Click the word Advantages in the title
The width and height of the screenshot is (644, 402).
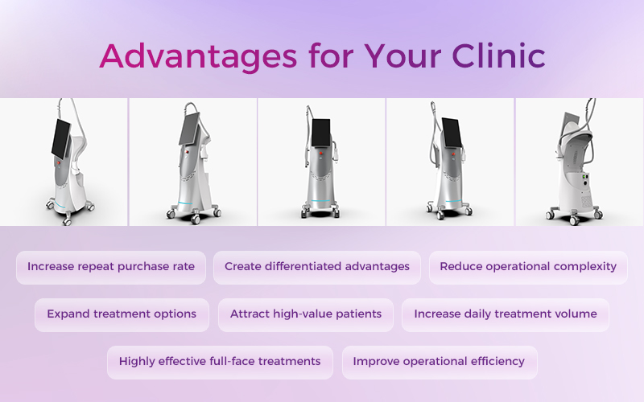click(198, 56)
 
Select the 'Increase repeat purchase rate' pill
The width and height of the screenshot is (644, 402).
click(111, 268)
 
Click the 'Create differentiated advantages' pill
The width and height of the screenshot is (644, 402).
click(317, 268)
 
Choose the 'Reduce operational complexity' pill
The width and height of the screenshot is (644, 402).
click(528, 268)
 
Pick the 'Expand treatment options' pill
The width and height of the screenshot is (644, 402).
click(122, 315)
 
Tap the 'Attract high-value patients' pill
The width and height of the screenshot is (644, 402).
click(306, 315)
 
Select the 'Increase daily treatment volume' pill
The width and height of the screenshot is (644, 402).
click(506, 315)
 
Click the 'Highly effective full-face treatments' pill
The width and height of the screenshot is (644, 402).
click(220, 363)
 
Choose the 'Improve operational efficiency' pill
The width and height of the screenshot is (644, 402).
click(440, 363)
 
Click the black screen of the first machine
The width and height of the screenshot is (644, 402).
click(61, 138)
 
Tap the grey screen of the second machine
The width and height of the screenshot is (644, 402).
click(189, 129)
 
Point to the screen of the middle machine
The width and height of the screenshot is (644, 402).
click(320, 133)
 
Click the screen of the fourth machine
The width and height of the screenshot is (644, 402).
click(452, 132)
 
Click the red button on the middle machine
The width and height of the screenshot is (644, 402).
click(320, 154)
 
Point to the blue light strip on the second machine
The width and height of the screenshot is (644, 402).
click(185, 203)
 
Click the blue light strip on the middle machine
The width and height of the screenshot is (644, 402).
click(320, 200)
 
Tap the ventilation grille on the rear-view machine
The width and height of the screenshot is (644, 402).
click(586, 202)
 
